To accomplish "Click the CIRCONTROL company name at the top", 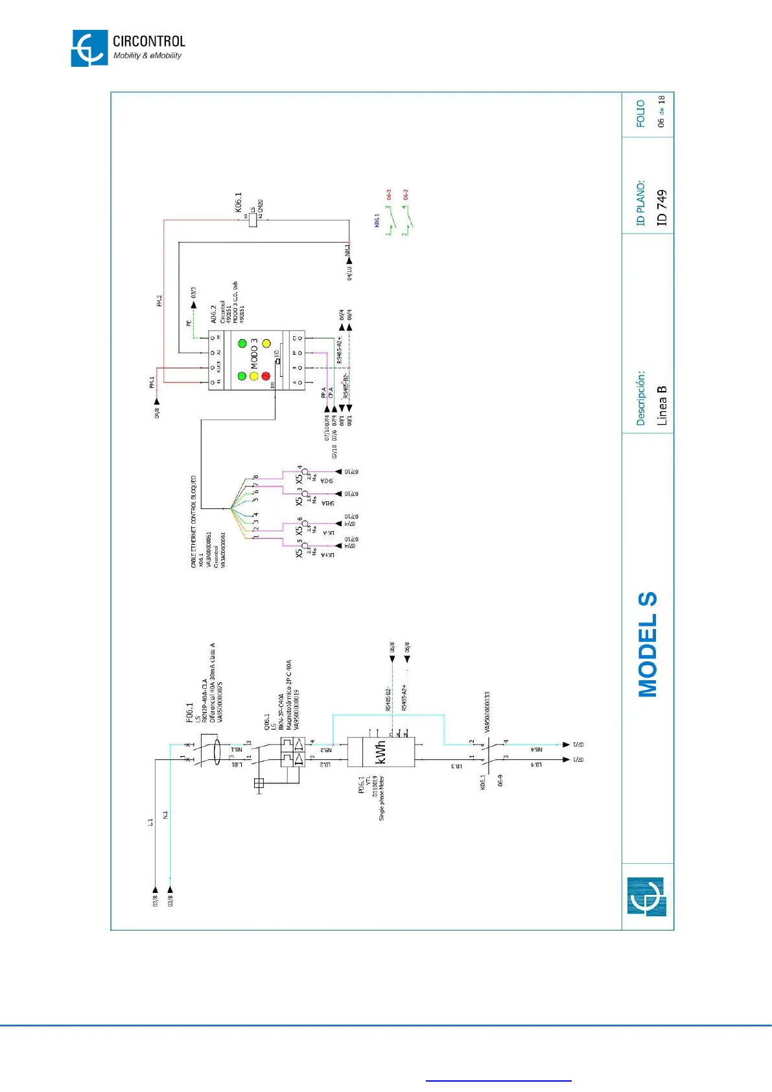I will coord(148,42).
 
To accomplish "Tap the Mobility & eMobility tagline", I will coord(147,56).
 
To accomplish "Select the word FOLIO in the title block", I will coord(640,113).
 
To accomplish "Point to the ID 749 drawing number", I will coord(661,208).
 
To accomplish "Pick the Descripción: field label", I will coord(640,398).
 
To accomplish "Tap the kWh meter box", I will coord(380,752).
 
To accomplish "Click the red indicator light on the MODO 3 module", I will coord(266,376).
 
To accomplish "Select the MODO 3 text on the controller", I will coord(254,353).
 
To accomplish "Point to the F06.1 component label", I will coord(190,712).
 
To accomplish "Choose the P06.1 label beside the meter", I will coord(361,785).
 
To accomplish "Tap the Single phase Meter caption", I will coord(382,798).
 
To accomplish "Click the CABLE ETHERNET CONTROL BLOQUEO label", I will coord(193,522).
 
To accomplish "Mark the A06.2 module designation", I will coord(213,314).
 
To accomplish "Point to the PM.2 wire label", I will coord(159,301).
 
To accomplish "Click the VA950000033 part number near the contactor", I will coord(487,711).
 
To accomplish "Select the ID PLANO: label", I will coord(640,203).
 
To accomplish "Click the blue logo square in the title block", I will coord(646,896).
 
